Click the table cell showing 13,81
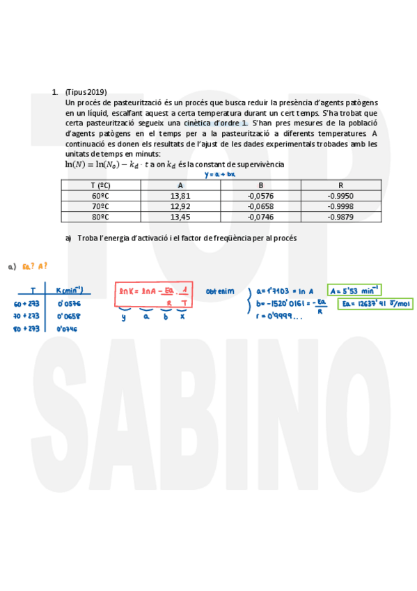pyautogui.click(x=180, y=196)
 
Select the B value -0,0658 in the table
pyautogui.click(x=260, y=206)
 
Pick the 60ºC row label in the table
pyautogui.click(x=102, y=196)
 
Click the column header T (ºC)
pyautogui.click(x=102, y=185)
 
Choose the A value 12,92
pyautogui.click(x=180, y=206)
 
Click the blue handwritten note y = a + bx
pyautogui.click(x=219, y=174)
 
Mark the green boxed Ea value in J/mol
pyautogui.click(x=374, y=304)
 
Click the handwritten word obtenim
pyautogui.click(x=219, y=291)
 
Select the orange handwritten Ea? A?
pyautogui.click(x=35, y=266)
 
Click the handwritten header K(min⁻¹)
pyautogui.click(x=69, y=290)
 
